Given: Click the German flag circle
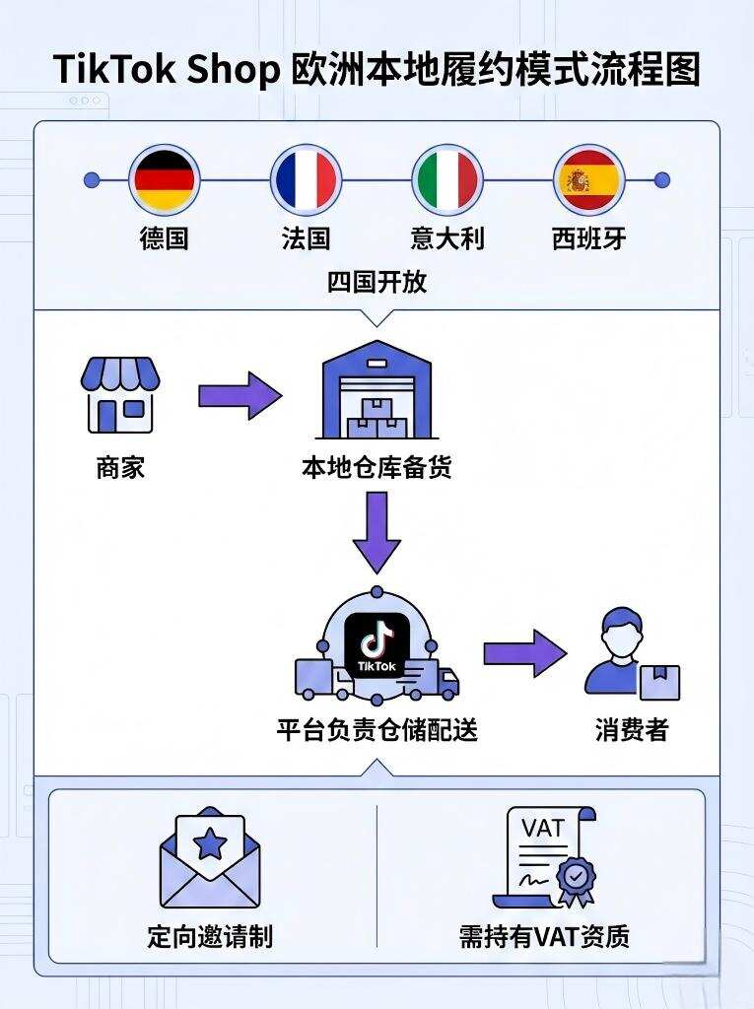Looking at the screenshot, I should point(164,180).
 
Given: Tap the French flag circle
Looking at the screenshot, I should point(306,180).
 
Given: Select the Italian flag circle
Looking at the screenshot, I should point(446,180).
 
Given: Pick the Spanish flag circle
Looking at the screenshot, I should point(588,180).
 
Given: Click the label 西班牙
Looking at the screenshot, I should point(588,238).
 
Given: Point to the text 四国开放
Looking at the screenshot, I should point(377,282).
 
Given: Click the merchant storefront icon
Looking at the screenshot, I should point(120,394).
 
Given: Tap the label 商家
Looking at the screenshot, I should point(120,467).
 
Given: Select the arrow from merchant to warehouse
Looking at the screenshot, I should point(240,395).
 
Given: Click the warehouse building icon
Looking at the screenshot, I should point(377,391).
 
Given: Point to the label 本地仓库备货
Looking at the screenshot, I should point(377,467).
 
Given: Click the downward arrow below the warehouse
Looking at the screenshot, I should point(377,532).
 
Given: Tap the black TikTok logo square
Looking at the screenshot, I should point(377,645).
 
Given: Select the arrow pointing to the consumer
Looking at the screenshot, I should point(524,653).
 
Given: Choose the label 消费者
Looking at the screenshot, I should point(632,730).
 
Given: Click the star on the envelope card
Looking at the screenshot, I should point(209,842).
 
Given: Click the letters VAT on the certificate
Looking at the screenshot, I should point(543,828).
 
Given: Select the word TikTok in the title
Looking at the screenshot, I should point(108,71).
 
